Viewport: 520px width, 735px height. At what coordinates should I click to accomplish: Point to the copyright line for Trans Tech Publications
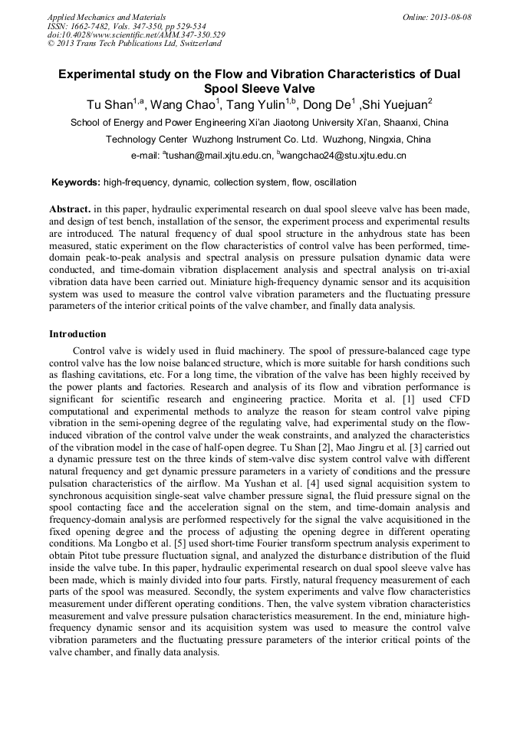pos(134,44)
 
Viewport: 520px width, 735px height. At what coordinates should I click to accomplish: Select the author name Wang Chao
pos(183,105)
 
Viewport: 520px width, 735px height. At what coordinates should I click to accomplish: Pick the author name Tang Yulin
pos(257,105)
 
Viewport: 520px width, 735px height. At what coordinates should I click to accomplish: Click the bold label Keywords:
pos(75,182)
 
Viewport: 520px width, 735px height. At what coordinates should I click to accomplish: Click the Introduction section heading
pos(77,334)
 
